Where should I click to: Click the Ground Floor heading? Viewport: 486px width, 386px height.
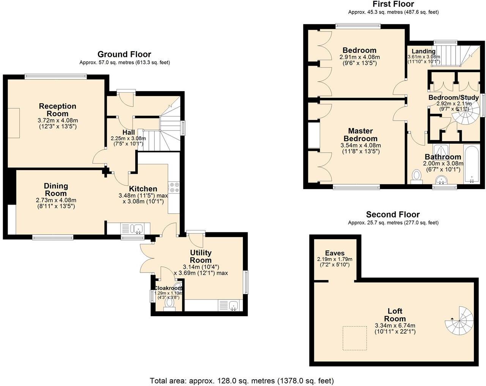(124, 54)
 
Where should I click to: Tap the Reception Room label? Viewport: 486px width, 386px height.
(58, 110)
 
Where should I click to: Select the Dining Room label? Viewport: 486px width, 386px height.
(56, 189)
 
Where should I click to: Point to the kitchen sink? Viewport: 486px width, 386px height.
(136, 228)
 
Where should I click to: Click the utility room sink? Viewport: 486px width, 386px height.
(233, 305)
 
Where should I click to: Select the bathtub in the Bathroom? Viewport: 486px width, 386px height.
(472, 164)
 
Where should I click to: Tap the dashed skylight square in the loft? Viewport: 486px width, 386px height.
(355, 338)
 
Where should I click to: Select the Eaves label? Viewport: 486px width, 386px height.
(335, 253)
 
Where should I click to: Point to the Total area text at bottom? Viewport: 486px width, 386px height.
(242, 380)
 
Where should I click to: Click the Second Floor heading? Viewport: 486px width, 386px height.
(393, 215)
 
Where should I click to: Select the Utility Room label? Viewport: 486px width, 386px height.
(201, 257)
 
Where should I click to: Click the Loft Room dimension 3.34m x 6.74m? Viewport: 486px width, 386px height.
(395, 326)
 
